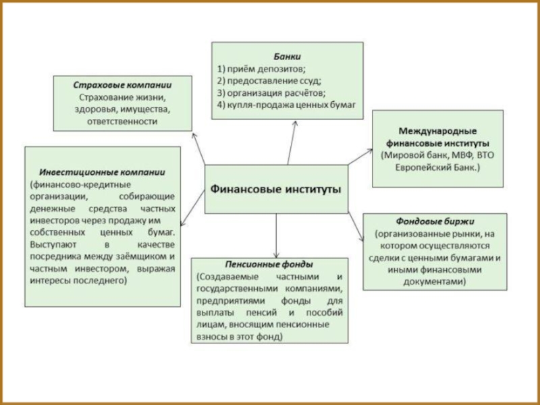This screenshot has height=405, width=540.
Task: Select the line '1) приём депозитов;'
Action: (261, 68)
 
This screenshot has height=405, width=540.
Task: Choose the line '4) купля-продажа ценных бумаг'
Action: (286, 105)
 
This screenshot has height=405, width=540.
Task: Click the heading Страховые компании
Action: (122, 86)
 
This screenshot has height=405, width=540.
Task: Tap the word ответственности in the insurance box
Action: (122, 122)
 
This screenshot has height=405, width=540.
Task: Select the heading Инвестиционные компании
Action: (102, 171)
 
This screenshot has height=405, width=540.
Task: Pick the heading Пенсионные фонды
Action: (268, 264)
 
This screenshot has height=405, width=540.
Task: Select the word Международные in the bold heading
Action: (437, 130)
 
